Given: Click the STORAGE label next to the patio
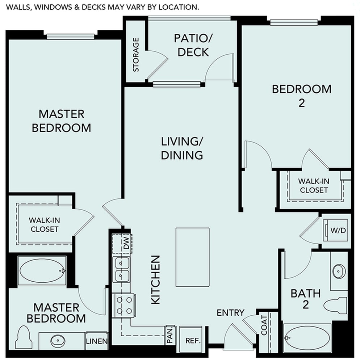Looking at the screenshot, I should tap(136, 54).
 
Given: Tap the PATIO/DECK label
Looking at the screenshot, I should tap(191, 45).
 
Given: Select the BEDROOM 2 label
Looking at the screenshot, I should tap(301, 96).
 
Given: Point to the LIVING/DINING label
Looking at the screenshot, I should tap(181, 148).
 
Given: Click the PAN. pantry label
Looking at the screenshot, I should tap(169, 334).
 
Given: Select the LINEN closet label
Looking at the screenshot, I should tap(97, 341).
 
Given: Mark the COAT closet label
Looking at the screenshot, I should tap(264, 325).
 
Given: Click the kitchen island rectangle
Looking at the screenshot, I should tap(192, 257).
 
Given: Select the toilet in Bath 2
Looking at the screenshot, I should tap(335, 304).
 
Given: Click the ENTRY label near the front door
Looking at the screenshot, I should tap(230, 312).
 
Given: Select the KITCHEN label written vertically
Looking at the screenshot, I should tap(155, 279).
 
